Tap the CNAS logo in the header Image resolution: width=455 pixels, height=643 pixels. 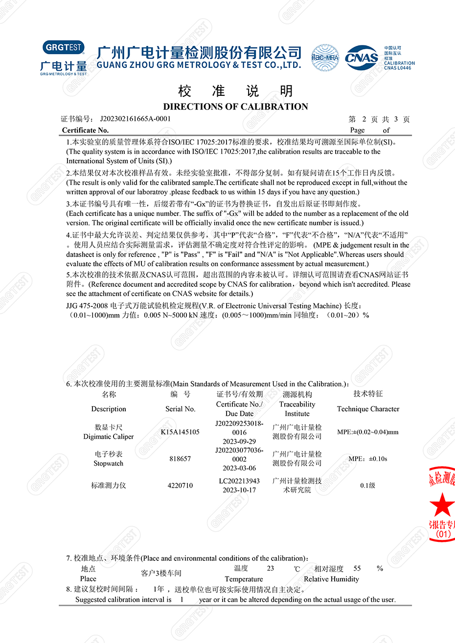tap(362, 58)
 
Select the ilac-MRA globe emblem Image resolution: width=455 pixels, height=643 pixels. tap(325, 58)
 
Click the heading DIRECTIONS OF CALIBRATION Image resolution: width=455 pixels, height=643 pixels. tap(235, 107)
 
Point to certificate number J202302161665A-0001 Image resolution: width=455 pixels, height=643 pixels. tap(136, 119)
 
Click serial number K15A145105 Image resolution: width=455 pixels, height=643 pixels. tap(180, 432)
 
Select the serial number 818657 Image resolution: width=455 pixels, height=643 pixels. tap(180, 459)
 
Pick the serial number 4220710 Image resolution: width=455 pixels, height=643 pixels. tap(180, 486)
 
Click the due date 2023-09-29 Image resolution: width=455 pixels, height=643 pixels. tap(239, 441)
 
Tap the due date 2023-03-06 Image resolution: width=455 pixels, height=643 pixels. tap(239, 468)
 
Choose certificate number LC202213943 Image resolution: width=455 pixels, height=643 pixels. tap(239, 481)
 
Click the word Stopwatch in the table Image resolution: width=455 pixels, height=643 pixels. tap(109, 464)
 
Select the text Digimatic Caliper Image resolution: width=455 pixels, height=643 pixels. tap(109, 437)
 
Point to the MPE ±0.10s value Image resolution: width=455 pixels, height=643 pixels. tap(368, 459)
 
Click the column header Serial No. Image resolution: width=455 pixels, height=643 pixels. tap(180, 409)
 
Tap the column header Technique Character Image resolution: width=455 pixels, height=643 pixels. tap(368, 409)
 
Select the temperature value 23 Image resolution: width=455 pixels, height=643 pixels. tap(271, 568)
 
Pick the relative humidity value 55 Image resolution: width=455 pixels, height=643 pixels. tap(357, 568)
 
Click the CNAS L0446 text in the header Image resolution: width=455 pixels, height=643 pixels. tap(398, 68)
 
